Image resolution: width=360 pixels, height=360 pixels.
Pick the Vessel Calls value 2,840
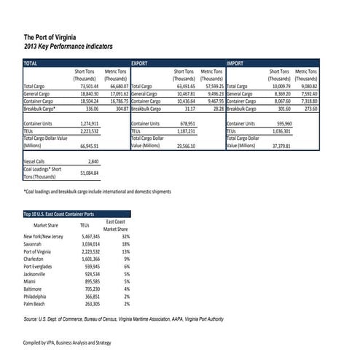click(93, 160)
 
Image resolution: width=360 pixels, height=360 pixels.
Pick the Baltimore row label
click(35, 289)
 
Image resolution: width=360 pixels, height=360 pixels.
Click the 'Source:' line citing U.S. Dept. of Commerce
click(123, 319)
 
